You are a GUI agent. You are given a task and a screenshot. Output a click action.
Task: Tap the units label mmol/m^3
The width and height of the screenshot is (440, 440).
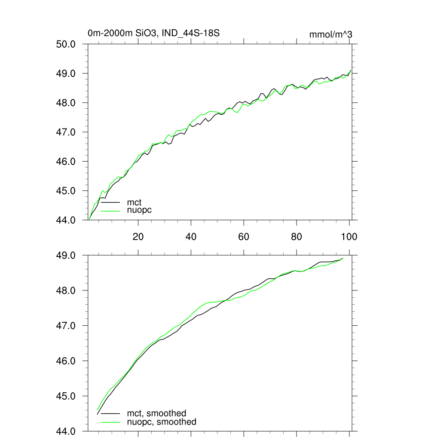click(330, 35)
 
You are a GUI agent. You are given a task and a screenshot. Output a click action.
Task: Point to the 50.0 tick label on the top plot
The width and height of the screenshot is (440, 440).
click(67, 44)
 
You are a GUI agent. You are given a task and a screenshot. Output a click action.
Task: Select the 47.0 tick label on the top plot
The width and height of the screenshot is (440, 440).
click(67, 132)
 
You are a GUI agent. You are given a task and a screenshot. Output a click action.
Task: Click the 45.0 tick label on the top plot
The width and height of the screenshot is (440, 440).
click(67, 191)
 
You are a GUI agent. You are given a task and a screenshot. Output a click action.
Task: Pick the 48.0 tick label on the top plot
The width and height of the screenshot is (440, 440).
click(67, 103)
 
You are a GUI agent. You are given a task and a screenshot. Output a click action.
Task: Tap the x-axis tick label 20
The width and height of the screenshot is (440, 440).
click(138, 236)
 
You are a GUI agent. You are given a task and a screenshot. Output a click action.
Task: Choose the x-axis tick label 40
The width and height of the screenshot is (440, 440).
click(191, 236)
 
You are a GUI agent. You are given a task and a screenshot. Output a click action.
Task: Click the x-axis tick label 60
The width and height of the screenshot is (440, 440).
click(244, 236)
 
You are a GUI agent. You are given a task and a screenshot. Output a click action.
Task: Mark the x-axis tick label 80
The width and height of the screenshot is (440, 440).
click(296, 236)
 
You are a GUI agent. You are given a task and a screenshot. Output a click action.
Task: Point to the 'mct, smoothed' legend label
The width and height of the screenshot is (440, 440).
click(156, 414)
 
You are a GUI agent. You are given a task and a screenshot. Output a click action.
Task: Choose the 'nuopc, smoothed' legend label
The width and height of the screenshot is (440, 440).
click(161, 422)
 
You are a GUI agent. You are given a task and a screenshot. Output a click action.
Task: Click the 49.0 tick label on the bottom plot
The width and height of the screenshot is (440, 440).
click(67, 256)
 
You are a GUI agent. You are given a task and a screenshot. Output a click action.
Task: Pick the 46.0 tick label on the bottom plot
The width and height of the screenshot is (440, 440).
click(67, 361)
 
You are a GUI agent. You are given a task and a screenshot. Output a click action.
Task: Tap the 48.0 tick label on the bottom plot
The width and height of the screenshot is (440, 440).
click(67, 291)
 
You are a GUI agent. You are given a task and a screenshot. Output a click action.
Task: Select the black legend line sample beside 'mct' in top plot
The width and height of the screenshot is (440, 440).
click(110, 202)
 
